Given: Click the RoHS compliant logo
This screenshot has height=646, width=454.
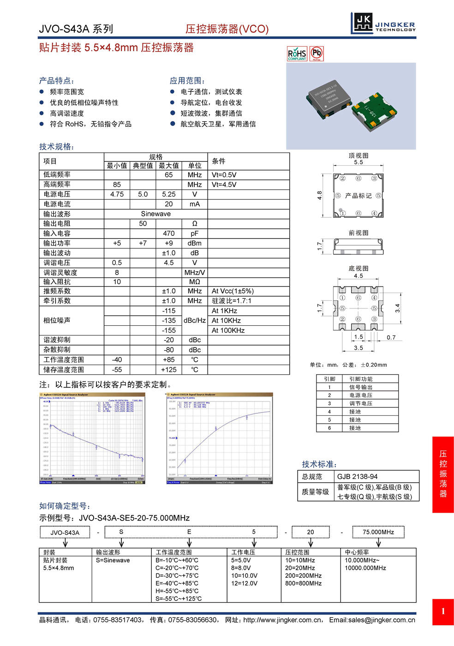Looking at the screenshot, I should click(x=297, y=54).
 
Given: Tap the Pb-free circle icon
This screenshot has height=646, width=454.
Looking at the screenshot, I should click(x=317, y=54).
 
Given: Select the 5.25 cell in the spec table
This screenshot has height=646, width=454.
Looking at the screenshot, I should click(x=169, y=194).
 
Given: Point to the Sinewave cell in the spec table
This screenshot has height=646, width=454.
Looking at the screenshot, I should click(x=155, y=214).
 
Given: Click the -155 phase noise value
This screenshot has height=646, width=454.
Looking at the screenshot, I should click(x=169, y=330).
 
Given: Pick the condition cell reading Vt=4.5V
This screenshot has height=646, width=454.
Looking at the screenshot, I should click(x=224, y=185).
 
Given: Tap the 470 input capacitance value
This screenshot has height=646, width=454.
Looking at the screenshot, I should click(x=169, y=233).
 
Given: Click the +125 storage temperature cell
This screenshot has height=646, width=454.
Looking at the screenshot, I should click(x=169, y=370).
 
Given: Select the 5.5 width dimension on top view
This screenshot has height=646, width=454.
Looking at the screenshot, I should click(x=358, y=162).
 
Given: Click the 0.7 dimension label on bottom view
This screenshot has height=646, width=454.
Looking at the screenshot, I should click(x=391, y=337).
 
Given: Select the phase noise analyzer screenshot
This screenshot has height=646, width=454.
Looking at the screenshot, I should click(x=92, y=438).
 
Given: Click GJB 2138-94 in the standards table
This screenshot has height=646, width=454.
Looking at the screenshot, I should click(x=358, y=477).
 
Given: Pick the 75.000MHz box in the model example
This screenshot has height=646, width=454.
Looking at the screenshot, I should click(x=378, y=532).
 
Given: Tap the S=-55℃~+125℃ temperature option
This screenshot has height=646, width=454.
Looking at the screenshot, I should click(x=179, y=598).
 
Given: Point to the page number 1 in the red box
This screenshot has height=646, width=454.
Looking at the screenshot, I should click(x=443, y=612).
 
